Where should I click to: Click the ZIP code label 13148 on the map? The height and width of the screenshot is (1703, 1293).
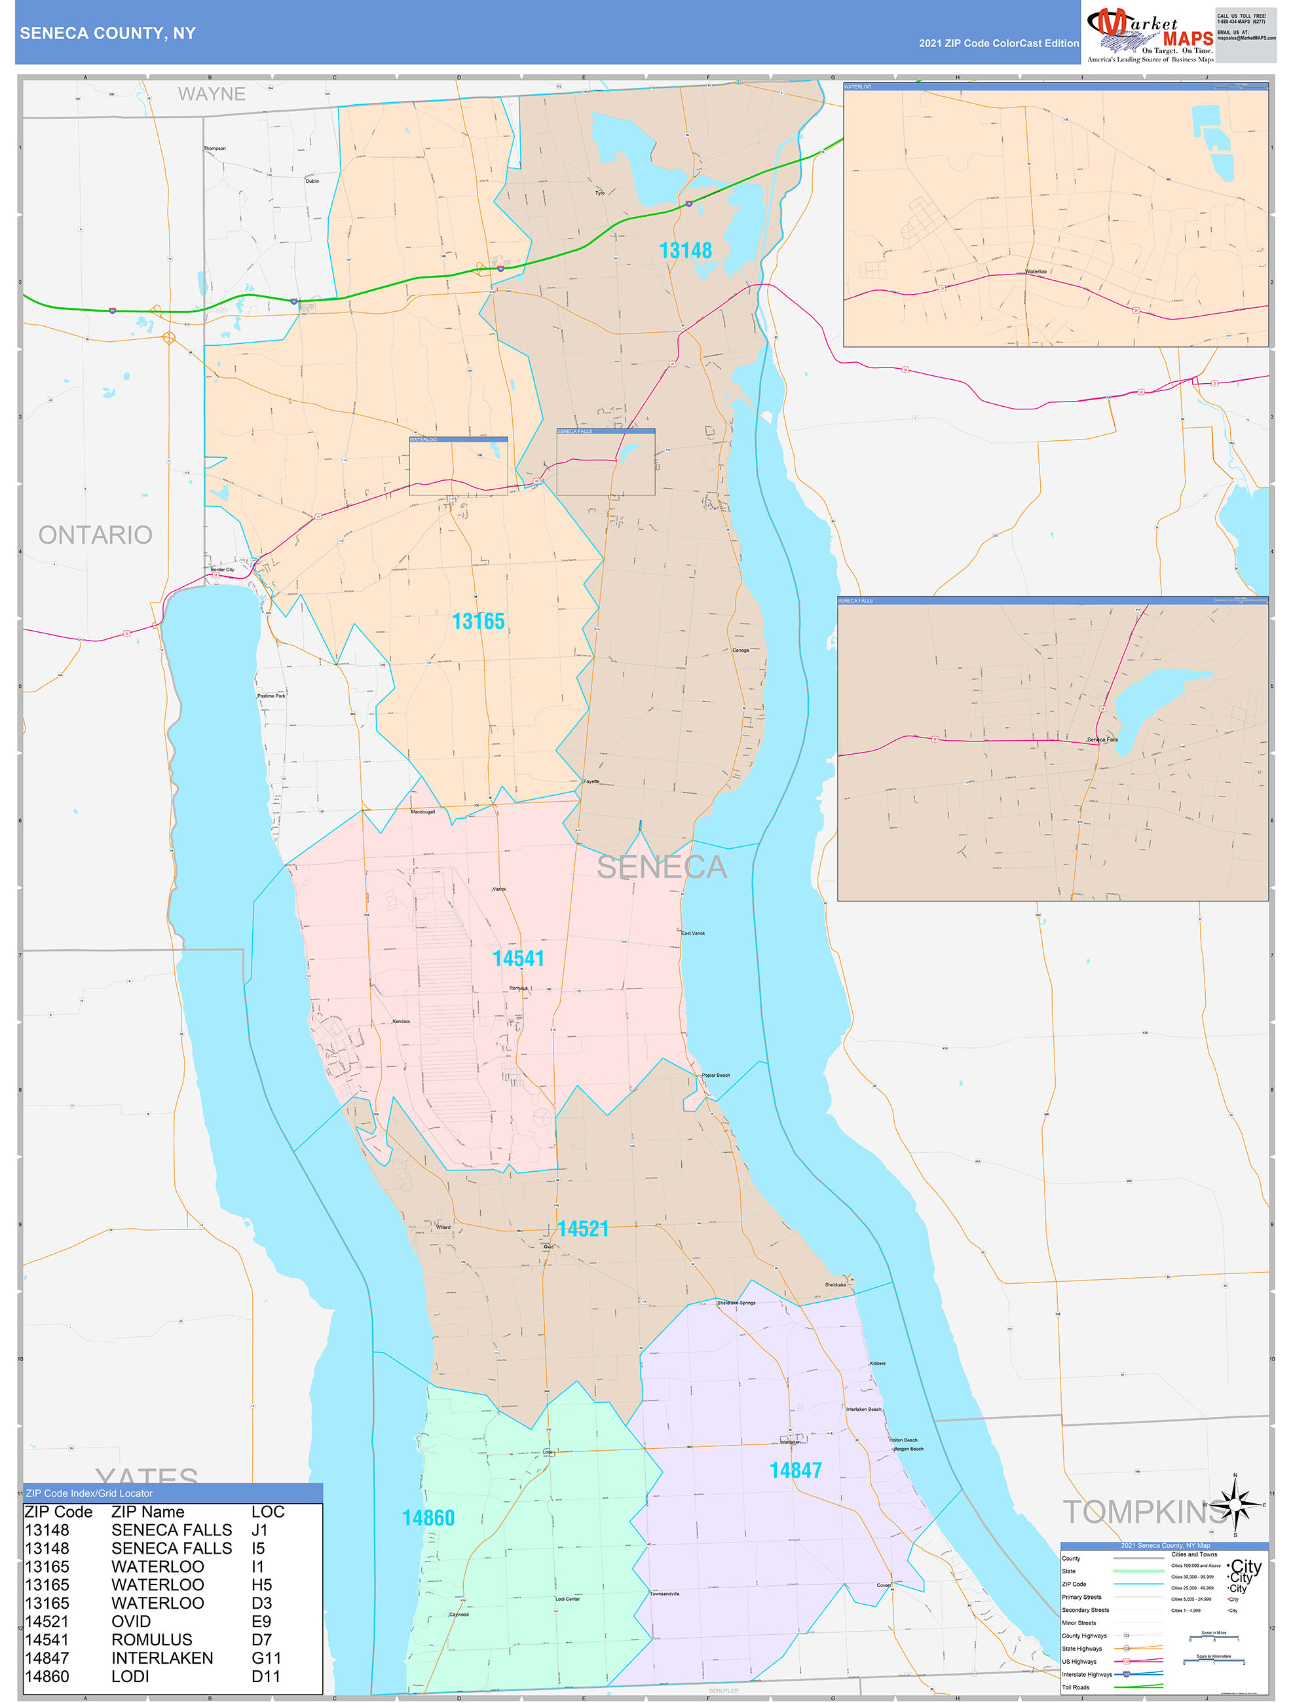pyautogui.click(x=685, y=251)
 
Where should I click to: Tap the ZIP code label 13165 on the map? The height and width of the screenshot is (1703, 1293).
pyautogui.click(x=478, y=622)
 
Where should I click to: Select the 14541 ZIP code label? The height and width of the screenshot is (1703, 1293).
pyautogui.click(x=518, y=958)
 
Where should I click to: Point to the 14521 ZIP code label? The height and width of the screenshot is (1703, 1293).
pyautogui.click(x=583, y=1229)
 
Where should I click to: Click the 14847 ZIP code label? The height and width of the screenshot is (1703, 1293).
pyautogui.click(x=795, y=1470)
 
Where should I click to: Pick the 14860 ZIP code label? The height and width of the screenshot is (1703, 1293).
pyautogui.click(x=428, y=1518)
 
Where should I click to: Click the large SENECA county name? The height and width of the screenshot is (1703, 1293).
pyautogui.click(x=662, y=868)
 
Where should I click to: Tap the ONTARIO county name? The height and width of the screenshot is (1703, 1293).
pyautogui.click(x=96, y=535)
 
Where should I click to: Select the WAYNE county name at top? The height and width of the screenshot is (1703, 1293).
pyautogui.click(x=212, y=94)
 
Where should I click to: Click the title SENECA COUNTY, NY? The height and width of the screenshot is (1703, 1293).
pyautogui.click(x=108, y=33)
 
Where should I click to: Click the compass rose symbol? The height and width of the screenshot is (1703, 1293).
pyautogui.click(x=1235, y=1505)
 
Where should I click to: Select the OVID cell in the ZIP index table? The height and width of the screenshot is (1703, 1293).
pyautogui.click(x=131, y=1621)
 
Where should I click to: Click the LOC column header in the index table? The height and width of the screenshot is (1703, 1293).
pyautogui.click(x=268, y=1512)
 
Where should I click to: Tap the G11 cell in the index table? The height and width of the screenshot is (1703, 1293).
pyautogui.click(x=266, y=1658)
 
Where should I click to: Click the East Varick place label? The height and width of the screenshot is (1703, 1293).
pyautogui.click(x=693, y=933)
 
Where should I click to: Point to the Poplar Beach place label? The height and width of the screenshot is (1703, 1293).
pyautogui.click(x=715, y=1076)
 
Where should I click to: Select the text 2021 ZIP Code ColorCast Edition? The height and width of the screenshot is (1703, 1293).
pyautogui.click(x=998, y=44)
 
